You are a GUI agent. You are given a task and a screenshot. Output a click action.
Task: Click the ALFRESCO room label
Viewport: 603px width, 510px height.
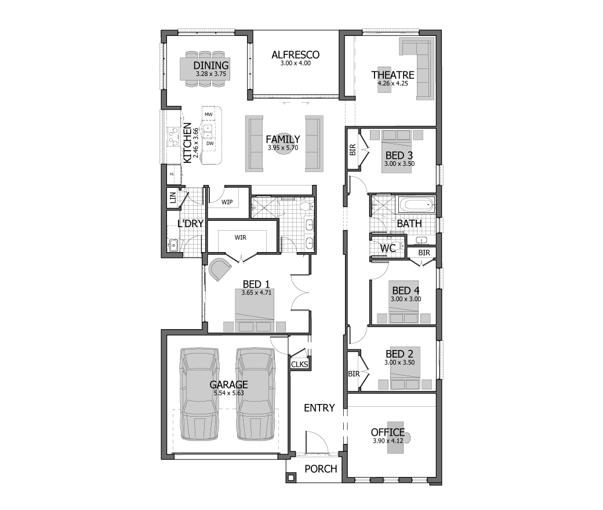tap(295, 55)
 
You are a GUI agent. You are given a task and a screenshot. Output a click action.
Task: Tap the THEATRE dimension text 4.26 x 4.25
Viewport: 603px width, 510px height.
tap(393, 83)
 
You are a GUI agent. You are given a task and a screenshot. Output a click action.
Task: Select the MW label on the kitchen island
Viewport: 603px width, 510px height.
tap(208, 115)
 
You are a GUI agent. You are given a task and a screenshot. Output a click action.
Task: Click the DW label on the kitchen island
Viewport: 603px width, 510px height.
tap(210, 144)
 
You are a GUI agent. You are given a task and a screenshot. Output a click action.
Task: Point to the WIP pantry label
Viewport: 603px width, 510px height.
tap(227, 202)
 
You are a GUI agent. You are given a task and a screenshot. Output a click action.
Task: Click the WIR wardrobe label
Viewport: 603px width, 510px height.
tap(241, 238)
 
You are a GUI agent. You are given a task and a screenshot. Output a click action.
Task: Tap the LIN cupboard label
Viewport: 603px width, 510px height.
tap(173, 198)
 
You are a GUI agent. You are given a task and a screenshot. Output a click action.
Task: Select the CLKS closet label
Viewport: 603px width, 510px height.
tap(299, 364)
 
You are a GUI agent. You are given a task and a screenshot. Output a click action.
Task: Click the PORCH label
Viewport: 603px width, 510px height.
tap(321, 469)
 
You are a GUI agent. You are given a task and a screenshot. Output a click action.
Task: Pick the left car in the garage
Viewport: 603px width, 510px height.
tap(199, 394)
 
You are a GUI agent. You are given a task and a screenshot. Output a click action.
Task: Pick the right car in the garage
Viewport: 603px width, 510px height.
tap(256, 394)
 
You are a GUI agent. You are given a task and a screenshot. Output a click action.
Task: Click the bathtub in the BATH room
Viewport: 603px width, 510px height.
tap(417, 205)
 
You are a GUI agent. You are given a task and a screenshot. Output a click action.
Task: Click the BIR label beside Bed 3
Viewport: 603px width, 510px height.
tap(353, 150)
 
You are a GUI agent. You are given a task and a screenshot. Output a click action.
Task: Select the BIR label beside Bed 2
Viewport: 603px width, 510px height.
tap(354, 374)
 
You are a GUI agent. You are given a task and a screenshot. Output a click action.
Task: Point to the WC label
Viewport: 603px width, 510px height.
tap(388, 248)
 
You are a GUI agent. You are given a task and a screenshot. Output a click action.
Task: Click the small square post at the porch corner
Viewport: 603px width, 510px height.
tap(291, 478)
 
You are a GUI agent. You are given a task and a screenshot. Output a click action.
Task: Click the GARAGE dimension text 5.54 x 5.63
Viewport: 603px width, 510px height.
tap(229, 393)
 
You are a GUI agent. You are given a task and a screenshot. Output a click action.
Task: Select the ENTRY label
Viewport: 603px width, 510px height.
tap(319, 408)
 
